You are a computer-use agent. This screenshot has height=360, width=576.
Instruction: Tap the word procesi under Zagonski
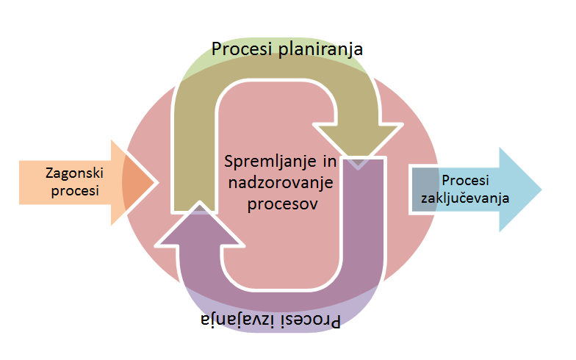coord(72,192)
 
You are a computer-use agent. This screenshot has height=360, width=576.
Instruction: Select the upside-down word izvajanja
coord(234,320)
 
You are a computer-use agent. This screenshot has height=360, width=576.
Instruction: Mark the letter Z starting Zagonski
coord(49,174)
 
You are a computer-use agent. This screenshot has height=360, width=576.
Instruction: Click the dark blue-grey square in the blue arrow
coord(424,190)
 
